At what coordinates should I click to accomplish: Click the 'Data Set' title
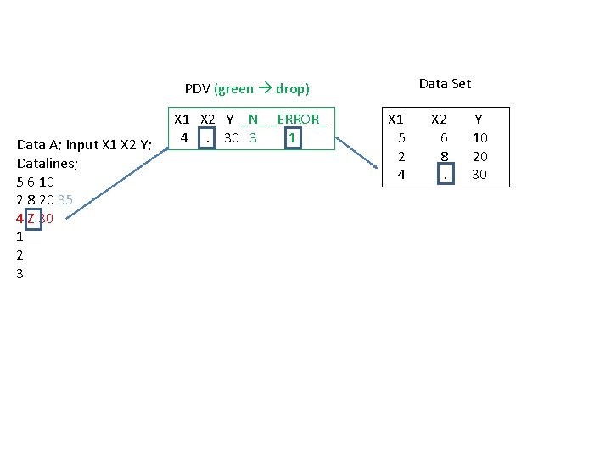click(x=445, y=83)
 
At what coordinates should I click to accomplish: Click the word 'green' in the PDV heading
click(x=234, y=88)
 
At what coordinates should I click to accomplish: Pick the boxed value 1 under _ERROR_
click(x=292, y=137)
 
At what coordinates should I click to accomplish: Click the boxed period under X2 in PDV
click(x=206, y=137)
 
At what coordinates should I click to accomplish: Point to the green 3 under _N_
click(x=253, y=137)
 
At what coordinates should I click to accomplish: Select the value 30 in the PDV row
click(x=231, y=137)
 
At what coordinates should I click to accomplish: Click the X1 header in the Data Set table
click(x=395, y=120)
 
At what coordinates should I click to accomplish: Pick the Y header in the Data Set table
click(x=479, y=120)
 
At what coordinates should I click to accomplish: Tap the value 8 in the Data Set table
click(x=444, y=156)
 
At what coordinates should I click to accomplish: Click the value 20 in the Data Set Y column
click(x=480, y=156)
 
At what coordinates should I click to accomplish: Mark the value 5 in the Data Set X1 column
click(x=402, y=137)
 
